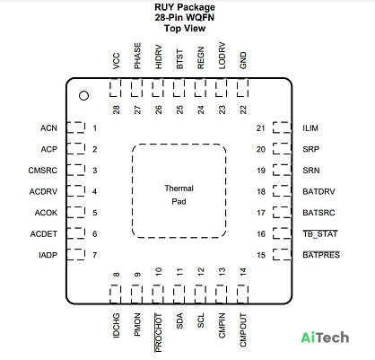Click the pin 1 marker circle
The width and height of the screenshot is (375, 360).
point(83,96)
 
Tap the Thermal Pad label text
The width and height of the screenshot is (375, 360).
point(179,195)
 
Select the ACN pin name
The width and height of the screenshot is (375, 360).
point(48,128)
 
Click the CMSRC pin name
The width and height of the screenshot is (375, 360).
point(43,171)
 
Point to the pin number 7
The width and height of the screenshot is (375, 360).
point(95,255)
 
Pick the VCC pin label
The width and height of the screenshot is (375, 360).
point(117,61)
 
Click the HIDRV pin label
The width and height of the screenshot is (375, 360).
point(159,57)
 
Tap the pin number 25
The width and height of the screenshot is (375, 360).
point(179,110)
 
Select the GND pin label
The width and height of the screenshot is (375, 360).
point(243,60)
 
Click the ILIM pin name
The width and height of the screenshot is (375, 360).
point(310,128)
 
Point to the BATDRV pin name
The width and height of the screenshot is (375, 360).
point(318,191)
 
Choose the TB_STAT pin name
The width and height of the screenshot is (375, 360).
point(320,233)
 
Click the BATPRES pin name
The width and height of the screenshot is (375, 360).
point(321,255)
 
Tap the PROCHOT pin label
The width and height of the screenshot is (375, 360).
point(158,332)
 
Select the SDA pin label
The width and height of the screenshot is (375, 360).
point(179,320)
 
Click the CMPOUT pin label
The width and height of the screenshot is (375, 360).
point(243,330)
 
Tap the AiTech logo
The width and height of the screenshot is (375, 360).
point(325,338)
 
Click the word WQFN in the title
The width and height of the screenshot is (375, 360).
point(200,17)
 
